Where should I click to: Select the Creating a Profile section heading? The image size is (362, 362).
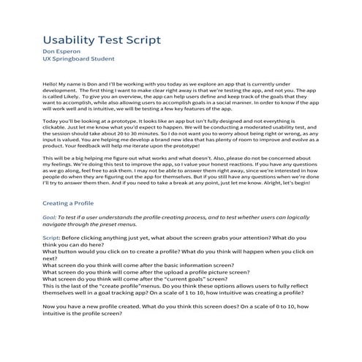[72, 242]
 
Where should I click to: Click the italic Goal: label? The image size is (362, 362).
[50, 258]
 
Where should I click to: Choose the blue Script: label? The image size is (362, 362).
[52, 279]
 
